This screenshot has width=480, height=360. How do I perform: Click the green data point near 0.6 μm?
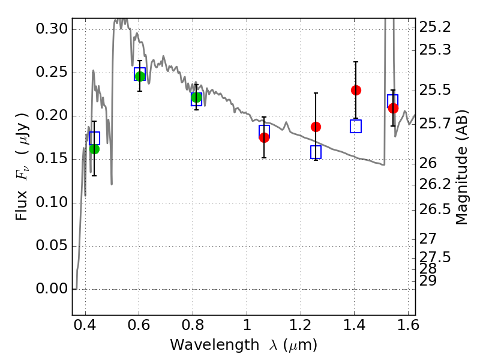click(x=140, y=76)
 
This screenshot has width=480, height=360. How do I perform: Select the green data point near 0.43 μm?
click(x=94, y=149)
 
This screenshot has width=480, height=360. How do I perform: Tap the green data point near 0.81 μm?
click(x=196, y=98)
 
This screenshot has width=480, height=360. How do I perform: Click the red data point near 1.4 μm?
click(x=356, y=90)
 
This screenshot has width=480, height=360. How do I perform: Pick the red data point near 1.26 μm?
click(x=316, y=127)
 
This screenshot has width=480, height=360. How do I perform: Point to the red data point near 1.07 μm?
click(x=264, y=137)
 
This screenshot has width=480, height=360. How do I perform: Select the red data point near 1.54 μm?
click(x=393, y=108)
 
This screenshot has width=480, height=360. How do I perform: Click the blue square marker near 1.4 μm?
click(x=356, y=126)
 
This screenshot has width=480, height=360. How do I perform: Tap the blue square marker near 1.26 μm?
click(x=316, y=152)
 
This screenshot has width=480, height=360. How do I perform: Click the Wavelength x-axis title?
click(x=243, y=345)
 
